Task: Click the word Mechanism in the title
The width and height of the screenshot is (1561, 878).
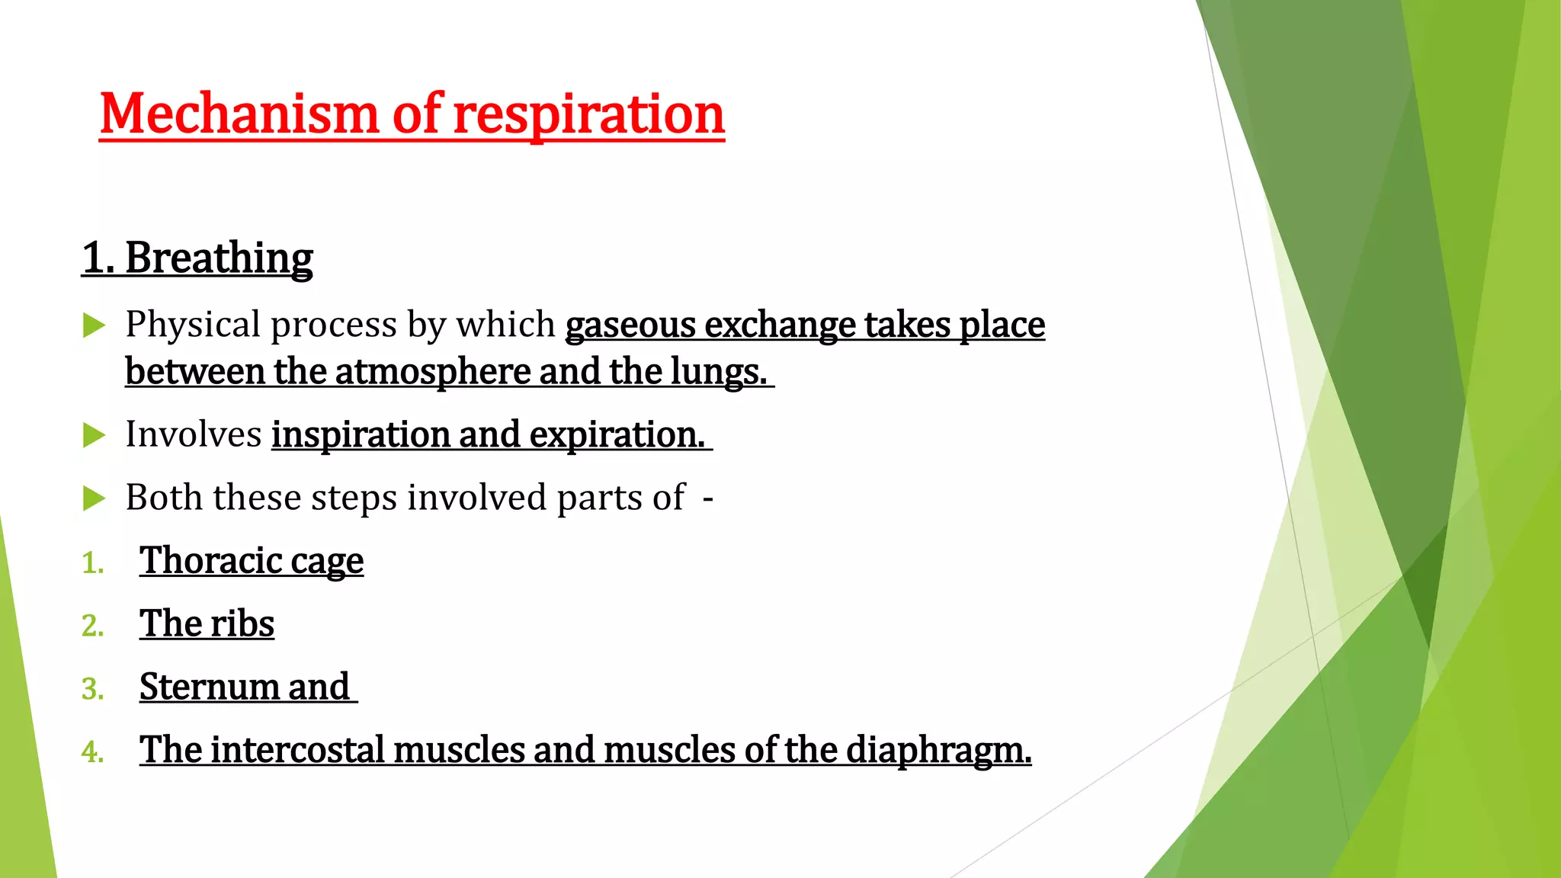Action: pyautogui.click(x=238, y=114)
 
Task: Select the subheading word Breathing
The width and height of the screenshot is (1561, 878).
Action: pyautogui.click(x=219, y=258)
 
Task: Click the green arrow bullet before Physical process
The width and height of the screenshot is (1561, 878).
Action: pyautogui.click(x=94, y=325)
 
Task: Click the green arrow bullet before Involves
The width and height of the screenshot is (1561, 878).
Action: pyautogui.click(x=94, y=435)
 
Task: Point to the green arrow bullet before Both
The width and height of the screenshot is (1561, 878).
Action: pyautogui.click(x=94, y=498)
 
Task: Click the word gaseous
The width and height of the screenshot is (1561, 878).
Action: pyautogui.click(x=630, y=325)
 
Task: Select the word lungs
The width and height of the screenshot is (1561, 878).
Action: pyautogui.click(x=716, y=372)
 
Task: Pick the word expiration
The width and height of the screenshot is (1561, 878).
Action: pyautogui.click(x=617, y=434)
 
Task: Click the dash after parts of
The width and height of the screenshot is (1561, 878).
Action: pyautogui.click(x=708, y=498)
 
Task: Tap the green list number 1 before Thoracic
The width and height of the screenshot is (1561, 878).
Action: pyautogui.click(x=92, y=563)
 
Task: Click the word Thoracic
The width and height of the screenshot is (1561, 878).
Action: pyautogui.click(x=210, y=561)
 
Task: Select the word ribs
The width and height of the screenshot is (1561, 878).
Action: pyautogui.click(x=242, y=623)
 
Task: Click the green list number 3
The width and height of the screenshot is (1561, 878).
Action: pyautogui.click(x=92, y=689)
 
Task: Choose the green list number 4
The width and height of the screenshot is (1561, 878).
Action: pyautogui.click(x=92, y=752)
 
